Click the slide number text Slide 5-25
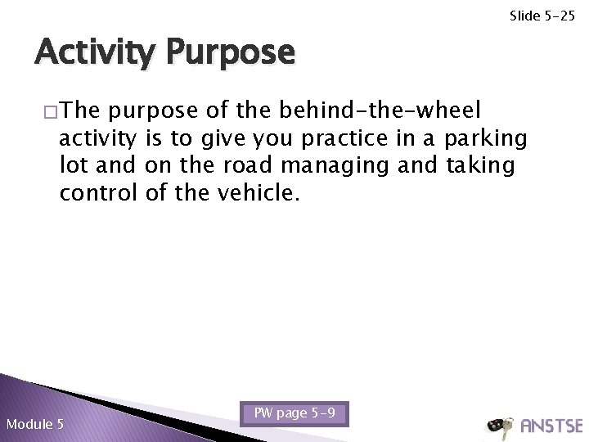click(x=543, y=16)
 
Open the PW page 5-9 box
click(x=294, y=413)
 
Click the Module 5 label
click(x=34, y=424)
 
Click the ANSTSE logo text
click(x=551, y=426)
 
